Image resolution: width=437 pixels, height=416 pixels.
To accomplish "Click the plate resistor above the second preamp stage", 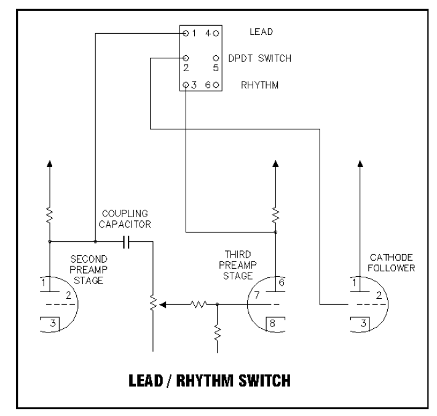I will [x=50, y=215].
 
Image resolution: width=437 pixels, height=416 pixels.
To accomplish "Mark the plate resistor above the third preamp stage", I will [x=275, y=215].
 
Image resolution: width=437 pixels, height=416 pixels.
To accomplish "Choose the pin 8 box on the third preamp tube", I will [x=272, y=322].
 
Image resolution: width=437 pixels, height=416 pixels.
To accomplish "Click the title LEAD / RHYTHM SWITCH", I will [x=208, y=380].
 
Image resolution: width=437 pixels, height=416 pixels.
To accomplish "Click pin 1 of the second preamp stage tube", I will [x=44, y=283].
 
